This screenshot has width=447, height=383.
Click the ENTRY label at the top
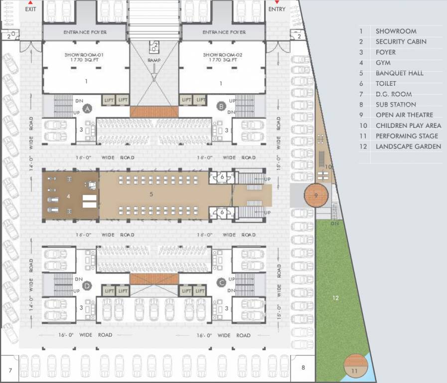tap(277, 8)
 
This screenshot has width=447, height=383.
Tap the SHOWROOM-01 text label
tap(84, 54)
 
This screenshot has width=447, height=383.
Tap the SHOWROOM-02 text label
tap(222, 54)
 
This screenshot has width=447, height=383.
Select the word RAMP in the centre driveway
tap(154, 60)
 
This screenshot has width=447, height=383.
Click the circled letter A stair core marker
tap(88, 108)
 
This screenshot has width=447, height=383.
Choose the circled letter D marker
tap(88, 286)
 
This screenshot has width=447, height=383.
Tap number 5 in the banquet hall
tap(151, 194)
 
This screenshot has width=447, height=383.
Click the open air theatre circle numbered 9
tap(315, 195)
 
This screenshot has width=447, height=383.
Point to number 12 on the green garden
tap(336, 298)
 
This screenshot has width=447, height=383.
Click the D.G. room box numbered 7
tap(10, 369)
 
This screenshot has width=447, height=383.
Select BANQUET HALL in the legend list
tap(399, 73)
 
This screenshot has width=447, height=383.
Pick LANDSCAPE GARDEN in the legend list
tap(408, 147)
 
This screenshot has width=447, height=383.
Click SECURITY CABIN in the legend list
tap(401, 42)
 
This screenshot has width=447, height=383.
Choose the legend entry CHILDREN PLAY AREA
tap(408, 126)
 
